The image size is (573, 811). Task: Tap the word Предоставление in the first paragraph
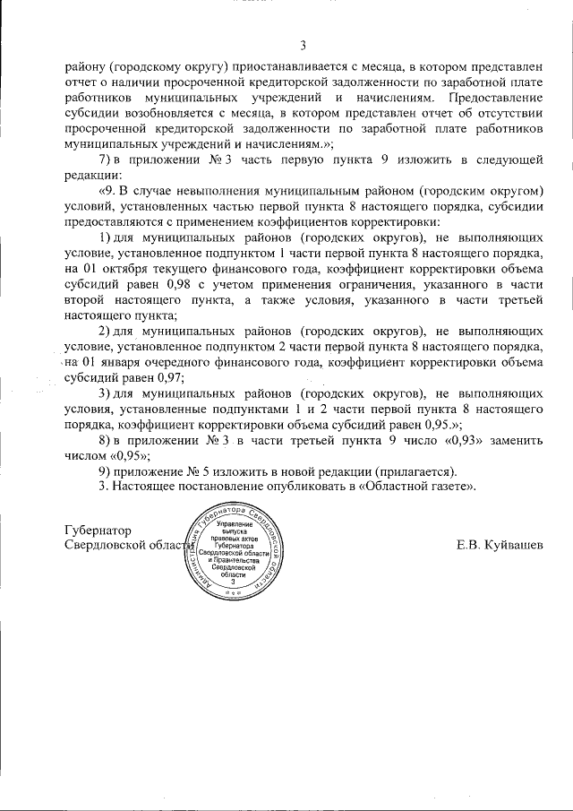(x=497, y=97)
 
